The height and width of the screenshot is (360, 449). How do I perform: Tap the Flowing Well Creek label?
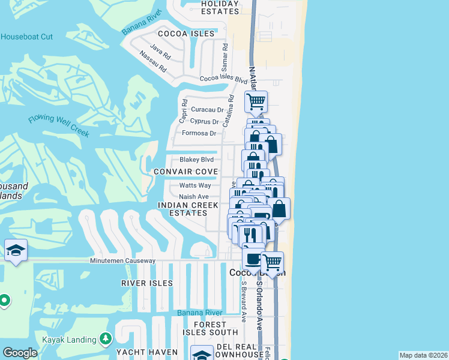[58, 123]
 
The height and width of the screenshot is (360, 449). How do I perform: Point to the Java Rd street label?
[161, 52]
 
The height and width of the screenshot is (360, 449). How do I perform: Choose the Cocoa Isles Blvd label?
[223, 79]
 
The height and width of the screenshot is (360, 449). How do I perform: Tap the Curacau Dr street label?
[208, 110]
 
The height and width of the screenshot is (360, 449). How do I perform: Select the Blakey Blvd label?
[197, 160]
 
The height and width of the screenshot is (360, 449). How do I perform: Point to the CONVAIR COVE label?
[184, 172]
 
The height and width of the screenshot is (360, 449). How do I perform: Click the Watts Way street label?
[194, 185]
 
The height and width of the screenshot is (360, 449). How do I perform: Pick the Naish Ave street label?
[194, 196]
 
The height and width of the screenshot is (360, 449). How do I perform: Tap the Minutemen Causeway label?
[122, 261]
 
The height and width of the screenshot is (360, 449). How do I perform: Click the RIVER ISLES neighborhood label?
[146, 283]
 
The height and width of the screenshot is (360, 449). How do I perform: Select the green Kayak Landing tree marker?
[106, 339]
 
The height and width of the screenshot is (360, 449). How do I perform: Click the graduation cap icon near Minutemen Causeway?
[15, 250]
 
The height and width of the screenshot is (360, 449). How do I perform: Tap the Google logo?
[20, 353]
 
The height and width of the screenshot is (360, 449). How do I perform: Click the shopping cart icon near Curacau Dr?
[256, 102]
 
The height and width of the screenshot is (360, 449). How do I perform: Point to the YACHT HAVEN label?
[147, 352]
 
